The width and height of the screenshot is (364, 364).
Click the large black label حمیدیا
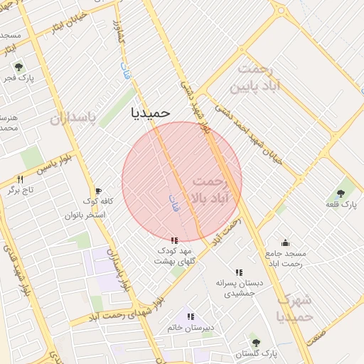(151, 112)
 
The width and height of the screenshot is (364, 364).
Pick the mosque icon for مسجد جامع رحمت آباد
(285, 242)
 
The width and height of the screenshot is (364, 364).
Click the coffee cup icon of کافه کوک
(98, 191)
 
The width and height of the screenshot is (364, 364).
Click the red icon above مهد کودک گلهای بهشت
(175, 240)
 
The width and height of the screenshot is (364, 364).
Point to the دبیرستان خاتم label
(190, 327)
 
